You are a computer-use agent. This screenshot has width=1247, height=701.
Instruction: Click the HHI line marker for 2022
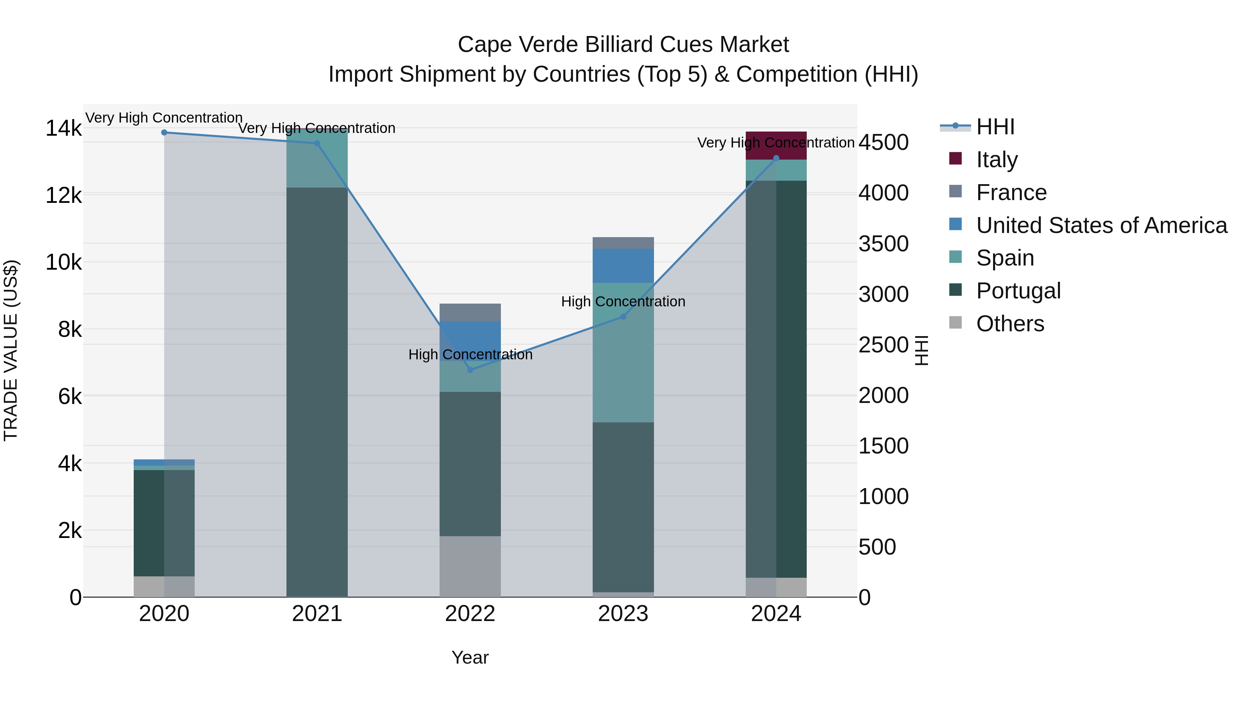470,370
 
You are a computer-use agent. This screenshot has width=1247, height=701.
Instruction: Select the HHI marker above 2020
164,133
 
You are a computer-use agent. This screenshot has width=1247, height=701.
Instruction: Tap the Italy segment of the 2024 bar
776,145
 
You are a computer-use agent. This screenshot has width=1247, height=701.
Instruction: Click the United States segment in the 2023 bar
623,266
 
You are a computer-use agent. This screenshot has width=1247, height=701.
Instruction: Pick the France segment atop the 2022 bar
470,312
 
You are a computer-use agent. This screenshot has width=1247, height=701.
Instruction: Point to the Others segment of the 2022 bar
470,566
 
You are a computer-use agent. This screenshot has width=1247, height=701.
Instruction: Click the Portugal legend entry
1018,291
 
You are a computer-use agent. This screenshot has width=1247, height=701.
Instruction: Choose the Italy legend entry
997,160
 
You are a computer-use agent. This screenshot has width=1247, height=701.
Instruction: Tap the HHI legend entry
995,127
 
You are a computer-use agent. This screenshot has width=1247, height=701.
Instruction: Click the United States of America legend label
1101,225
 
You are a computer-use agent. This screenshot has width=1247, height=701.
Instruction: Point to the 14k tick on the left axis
63,129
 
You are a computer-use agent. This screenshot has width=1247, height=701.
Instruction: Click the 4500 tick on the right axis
883,143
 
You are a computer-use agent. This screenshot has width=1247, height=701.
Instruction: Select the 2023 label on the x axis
623,614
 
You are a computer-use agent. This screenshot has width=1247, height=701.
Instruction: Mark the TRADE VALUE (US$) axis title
11,350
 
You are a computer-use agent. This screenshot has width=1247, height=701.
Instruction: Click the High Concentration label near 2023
623,302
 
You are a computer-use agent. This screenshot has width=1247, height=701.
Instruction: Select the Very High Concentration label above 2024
776,143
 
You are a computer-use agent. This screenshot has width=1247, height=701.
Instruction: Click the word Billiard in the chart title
619,45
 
